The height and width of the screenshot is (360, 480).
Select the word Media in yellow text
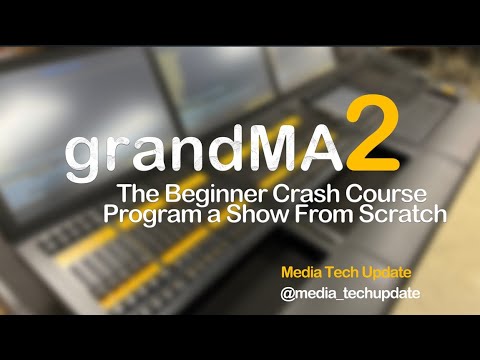pos(301,272)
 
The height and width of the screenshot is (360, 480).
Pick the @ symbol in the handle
pos(288,295)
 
